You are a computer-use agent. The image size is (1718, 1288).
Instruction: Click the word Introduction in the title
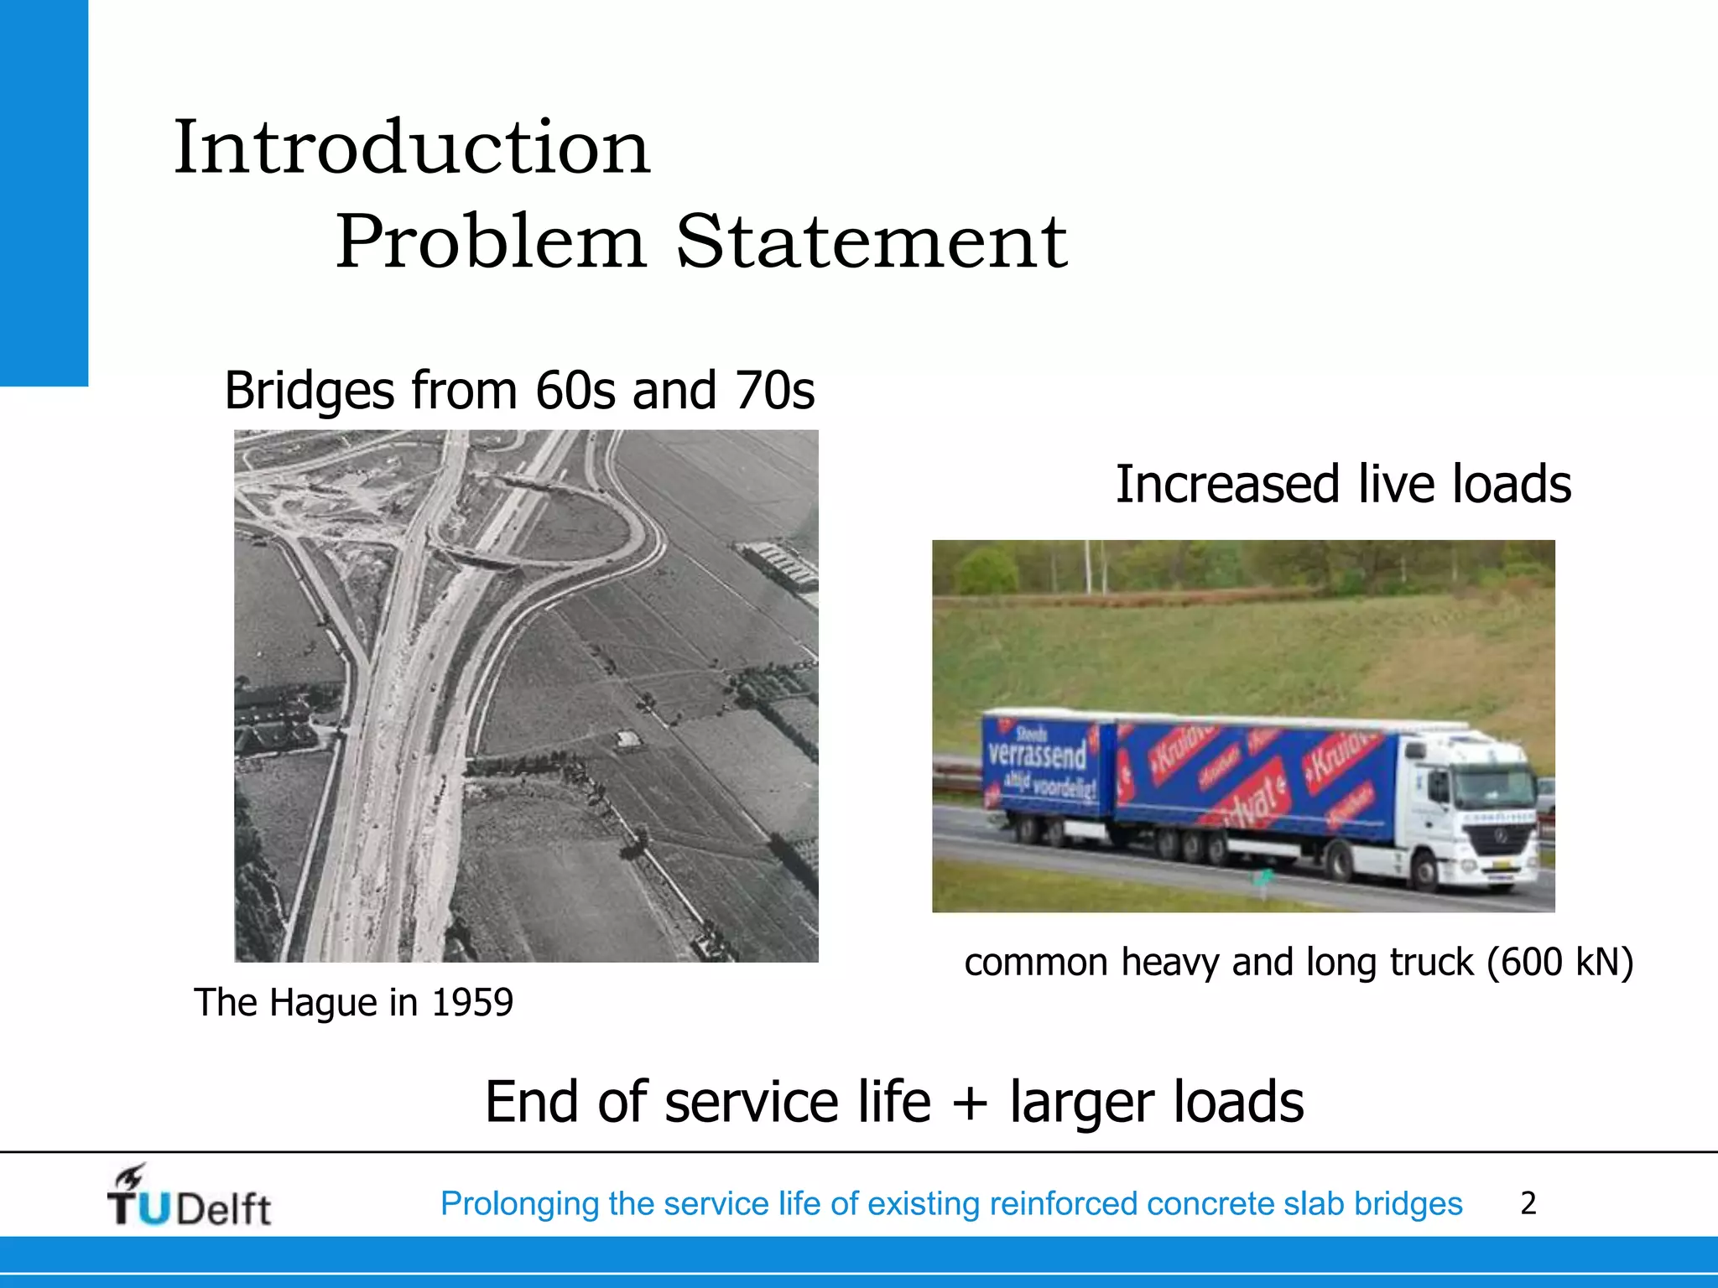pos(412,148)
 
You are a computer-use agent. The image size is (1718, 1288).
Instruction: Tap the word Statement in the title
pos(872,242)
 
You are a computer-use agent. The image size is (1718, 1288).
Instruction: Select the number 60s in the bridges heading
pos(575,391)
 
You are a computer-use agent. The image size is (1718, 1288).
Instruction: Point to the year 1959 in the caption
pos(471,1003)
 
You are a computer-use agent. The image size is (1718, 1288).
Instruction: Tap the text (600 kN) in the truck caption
pos(1559,962)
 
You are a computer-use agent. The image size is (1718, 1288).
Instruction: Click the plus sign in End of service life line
pos(970,1102)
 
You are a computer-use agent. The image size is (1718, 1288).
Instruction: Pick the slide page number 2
pos(1528,1203)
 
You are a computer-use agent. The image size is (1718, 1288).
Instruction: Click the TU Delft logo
pos(189,1197)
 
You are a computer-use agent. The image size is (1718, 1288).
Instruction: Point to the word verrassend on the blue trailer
pos(1037,754)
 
